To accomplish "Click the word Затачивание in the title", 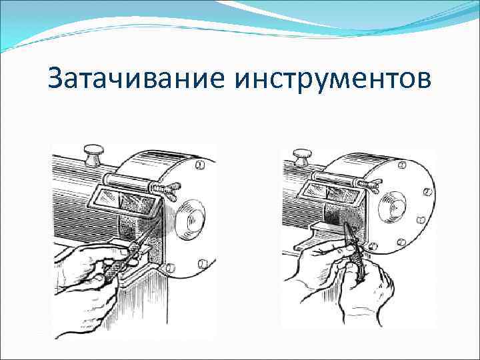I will pos(136,80).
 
